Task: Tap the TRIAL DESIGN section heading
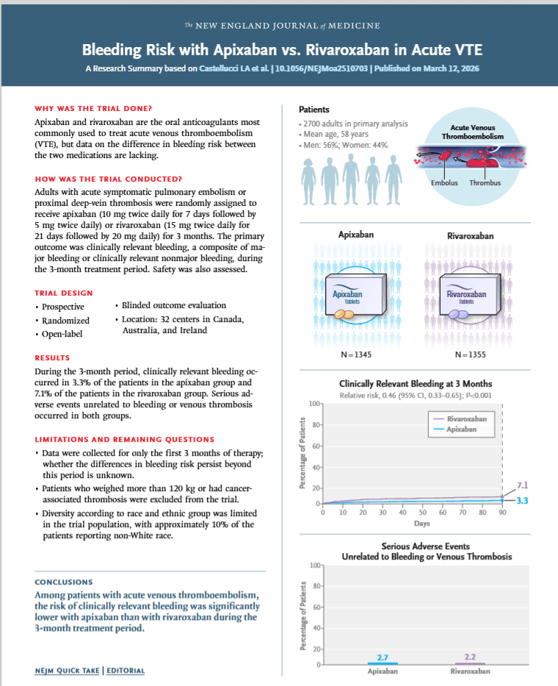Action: (63, 293)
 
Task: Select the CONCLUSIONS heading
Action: (63, 582)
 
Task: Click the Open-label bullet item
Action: (65, 335)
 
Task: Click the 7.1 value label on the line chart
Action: (523, 486)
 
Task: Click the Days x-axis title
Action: (421, 524)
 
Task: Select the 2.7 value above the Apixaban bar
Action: (382, 657)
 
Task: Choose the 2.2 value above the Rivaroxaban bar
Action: (471, 657)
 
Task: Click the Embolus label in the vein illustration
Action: (445, 182)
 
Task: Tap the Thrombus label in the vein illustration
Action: (485, 182)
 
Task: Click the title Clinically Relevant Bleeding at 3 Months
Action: (416, 384)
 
